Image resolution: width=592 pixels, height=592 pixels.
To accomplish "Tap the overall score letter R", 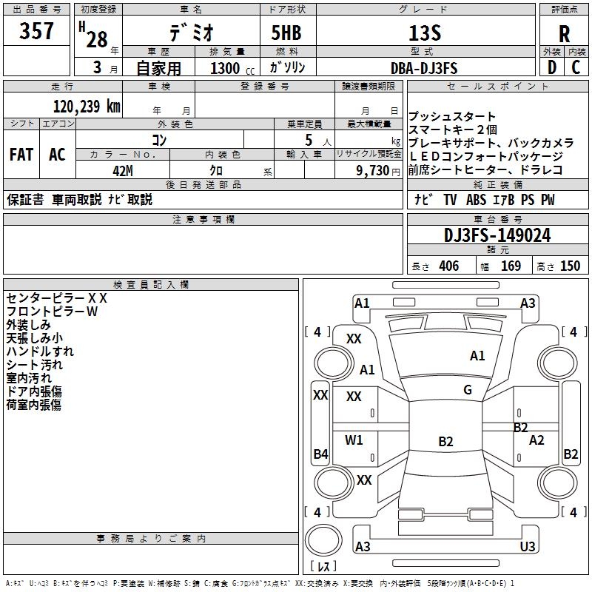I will coord(564,33).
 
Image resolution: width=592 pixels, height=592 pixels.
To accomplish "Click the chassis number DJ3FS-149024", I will coord(497,236).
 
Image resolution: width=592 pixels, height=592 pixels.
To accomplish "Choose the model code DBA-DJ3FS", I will coord(424,68).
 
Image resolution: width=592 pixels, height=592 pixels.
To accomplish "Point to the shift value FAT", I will coord(21,155).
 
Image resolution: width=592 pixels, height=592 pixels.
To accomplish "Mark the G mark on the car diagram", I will coord(468,390).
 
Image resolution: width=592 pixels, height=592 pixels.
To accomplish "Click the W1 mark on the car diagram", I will coord(354,440).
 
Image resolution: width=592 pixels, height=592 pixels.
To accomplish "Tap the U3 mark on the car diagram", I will coord(528,547).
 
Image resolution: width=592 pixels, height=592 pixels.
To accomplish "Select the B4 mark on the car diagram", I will coord(320,454).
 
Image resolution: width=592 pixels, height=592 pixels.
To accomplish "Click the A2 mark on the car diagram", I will coord(537,440).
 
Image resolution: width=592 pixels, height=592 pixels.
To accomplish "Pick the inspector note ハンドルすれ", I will coord(40,351).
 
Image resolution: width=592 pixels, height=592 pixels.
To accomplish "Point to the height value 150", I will coord(570,266).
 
